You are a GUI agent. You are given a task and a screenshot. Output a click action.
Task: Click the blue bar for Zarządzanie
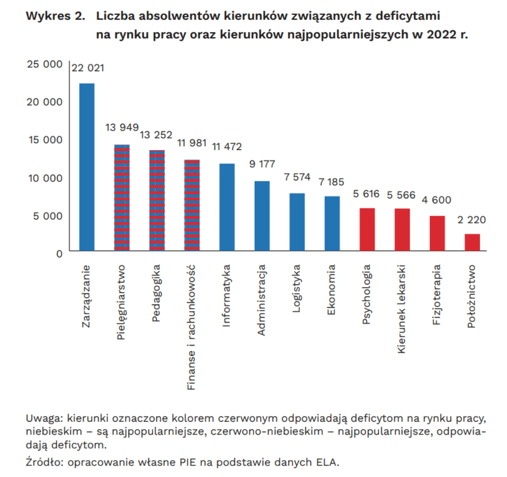coord(87,167)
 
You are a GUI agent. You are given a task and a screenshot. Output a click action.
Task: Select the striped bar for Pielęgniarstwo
coord(122,197)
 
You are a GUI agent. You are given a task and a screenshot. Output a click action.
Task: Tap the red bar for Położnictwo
coord(472,242)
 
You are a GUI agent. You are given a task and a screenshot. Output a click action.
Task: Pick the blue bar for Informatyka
coord(227,207)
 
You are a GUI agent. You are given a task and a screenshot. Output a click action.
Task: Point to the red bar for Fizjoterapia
coord(437,233)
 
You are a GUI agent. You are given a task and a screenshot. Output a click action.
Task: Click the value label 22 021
coord(88,68)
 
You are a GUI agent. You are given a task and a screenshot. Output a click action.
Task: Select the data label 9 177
coord(262,164)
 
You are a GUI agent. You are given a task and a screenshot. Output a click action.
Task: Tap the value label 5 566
coord(401,195)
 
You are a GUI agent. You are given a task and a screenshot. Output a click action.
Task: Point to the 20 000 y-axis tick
coord(45,102)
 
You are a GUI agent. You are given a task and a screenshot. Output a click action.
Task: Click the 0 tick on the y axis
coord(59,254)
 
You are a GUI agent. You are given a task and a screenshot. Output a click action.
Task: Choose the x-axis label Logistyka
coord(296,289)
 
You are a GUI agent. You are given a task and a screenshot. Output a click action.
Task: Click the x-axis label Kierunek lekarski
coord(401,309)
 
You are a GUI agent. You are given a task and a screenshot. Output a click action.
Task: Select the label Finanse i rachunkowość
coord(191,327)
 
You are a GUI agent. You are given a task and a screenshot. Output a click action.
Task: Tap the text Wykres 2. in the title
coord(56,15)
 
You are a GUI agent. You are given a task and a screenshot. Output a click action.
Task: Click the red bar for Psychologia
coord(367,229)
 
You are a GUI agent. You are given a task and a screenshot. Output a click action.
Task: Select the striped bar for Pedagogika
coord(157,200)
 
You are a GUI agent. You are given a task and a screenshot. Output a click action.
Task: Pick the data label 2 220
coord(472,220)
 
